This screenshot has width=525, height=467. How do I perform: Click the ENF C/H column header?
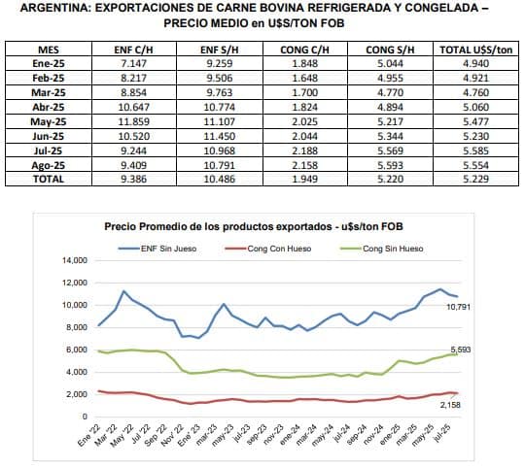[x=133, y=50]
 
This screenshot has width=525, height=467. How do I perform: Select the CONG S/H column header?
[x=390, y=50]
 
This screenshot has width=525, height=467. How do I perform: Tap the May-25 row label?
[x=49, y=121]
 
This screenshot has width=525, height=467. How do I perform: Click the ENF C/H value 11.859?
[x=133, y=121]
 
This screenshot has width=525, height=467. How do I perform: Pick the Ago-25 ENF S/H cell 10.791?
[x=220, y=165]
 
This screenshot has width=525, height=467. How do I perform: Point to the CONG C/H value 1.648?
[x=304, y=78]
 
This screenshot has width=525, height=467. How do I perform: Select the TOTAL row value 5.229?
[x=475, y=179]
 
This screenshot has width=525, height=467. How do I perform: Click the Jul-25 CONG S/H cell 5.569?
[x=390, y=150]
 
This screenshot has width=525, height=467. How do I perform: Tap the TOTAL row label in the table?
[x=49, y=179]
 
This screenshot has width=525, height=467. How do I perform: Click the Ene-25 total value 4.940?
[x=475, y=63]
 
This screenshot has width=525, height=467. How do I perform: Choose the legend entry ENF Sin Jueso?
[x=157, y=249]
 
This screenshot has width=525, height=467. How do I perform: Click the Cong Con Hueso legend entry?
[x=268, y=249]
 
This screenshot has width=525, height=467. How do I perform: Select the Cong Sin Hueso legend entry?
[x=382, y=249]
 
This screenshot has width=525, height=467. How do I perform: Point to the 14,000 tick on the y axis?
[x=74, y=260]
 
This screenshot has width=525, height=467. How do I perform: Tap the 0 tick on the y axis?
[x=85, y=417]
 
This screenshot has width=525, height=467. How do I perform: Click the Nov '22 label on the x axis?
[x=172, y=435]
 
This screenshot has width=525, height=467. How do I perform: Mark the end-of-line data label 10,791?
[x=458, y=307]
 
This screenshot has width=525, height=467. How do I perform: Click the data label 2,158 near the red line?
[x=450, y=405]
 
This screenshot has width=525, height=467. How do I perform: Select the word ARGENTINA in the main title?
[x=54, y=8]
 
